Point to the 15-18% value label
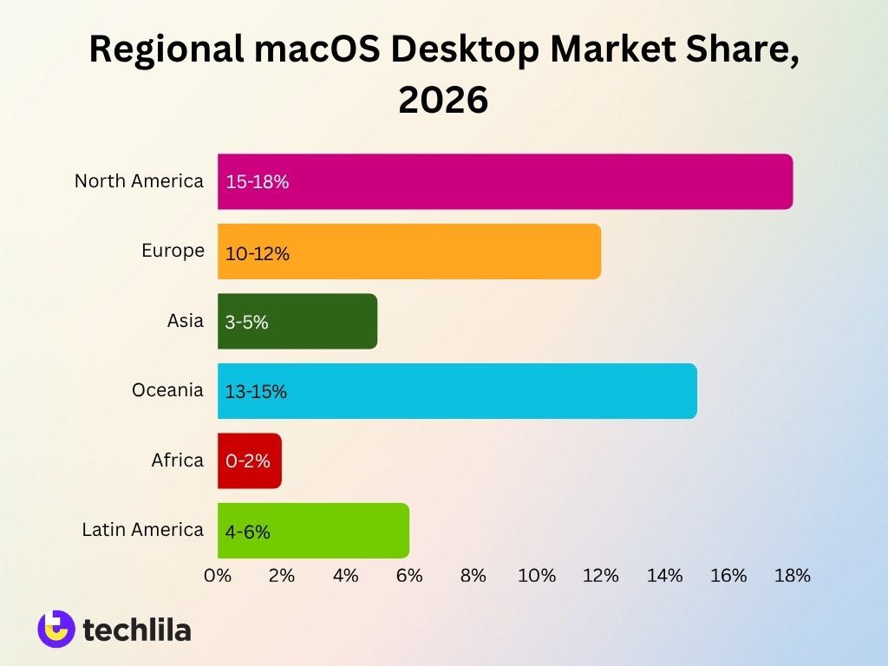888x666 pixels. coord(257,182)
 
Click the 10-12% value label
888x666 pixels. coord(257,254)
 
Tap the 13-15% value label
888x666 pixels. coord(256,392)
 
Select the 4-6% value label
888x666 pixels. coord(248,532)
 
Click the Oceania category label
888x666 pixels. coord(167,390)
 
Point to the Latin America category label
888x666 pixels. coord(142,529)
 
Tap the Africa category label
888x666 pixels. coord(177,460)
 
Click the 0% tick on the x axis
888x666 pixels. coord(218,576)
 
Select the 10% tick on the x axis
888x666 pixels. coord(537,576)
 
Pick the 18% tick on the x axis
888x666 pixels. coord(792,576)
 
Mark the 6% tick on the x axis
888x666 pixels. coord(409,576)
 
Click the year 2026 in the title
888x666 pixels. coord(443,101)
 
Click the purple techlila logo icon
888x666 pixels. coord(56,629)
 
